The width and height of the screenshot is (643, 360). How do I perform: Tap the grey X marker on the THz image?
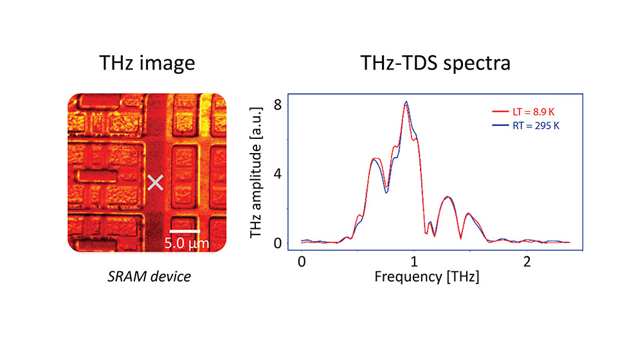(155, 183)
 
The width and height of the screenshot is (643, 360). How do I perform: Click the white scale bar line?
(185, 230)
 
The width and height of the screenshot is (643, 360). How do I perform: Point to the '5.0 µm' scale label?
(186, 244)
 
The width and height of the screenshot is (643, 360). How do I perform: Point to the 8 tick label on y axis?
(278, 104)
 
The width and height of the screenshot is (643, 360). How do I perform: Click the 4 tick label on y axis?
(278, 174)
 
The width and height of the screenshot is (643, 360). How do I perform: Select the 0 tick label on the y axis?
(278, 243)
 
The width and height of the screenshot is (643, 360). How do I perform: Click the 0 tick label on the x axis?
(302, 264)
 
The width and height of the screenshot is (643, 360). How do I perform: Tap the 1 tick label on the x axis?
(414, 264)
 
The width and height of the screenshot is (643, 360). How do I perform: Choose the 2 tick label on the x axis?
(527, 264)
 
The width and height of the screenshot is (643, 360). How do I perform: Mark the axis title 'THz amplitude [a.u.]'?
(257, 174)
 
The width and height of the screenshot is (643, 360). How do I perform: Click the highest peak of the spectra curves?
(406, 102)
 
